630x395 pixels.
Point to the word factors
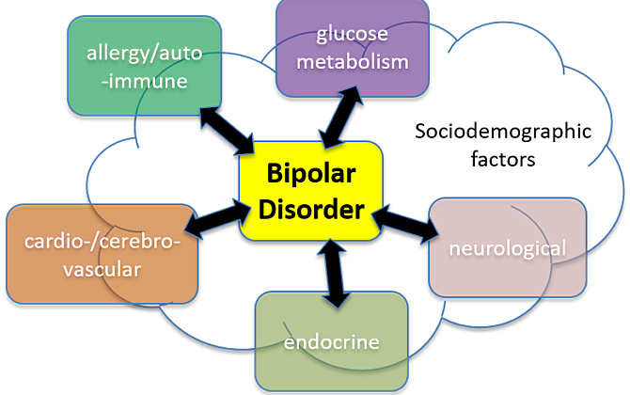(505, 159)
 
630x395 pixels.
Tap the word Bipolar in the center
(311, 176)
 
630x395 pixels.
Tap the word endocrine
(331, 341)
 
